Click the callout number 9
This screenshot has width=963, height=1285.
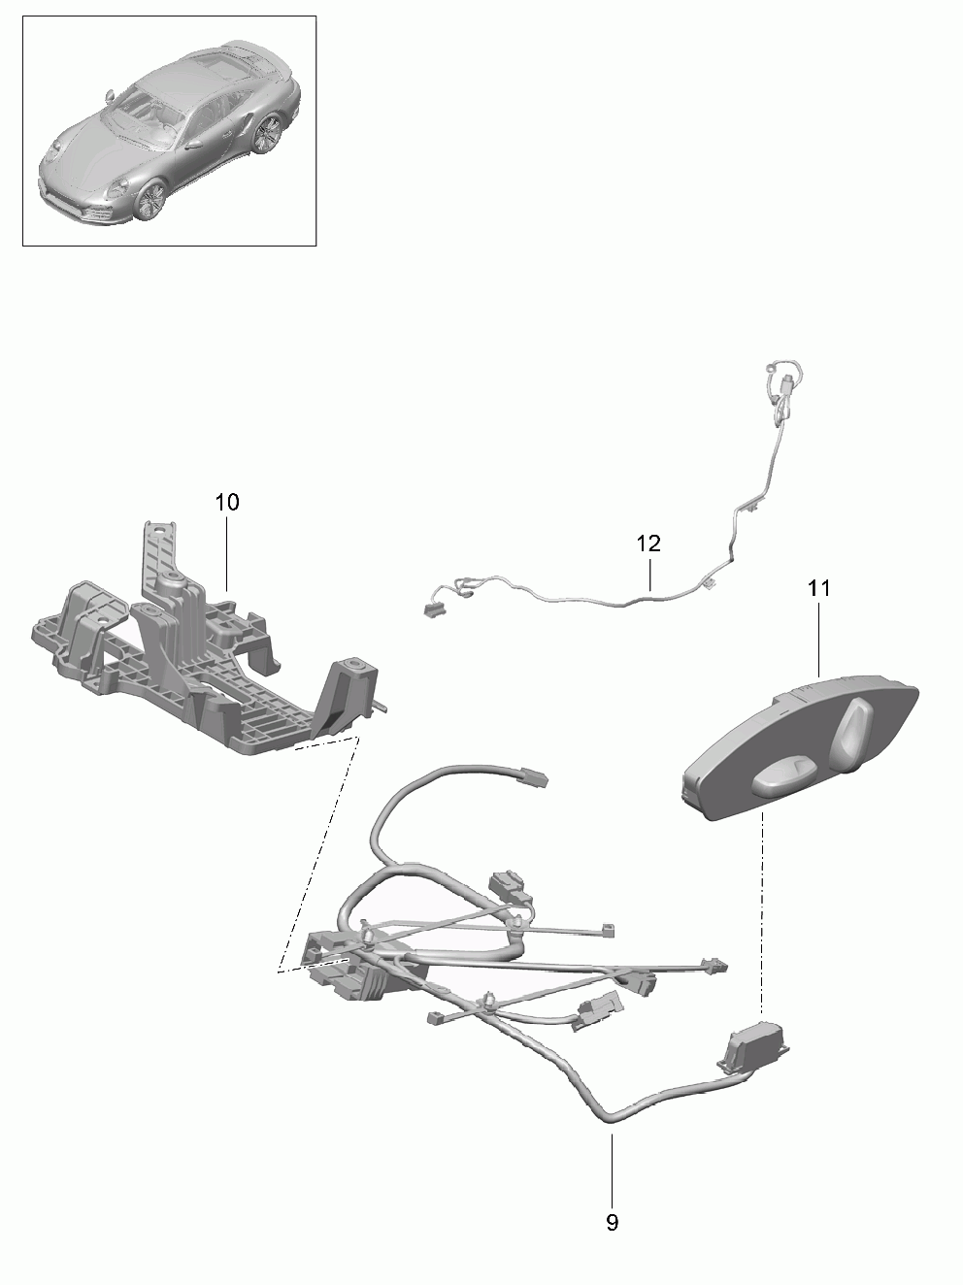(x=612, y=1222)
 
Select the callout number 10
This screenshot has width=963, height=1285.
(x=226, y=502)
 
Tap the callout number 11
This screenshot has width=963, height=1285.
(x=818, y=587)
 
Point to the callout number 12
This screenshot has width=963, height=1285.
(x=648, y=544)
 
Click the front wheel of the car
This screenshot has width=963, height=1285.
(x=150, y=200)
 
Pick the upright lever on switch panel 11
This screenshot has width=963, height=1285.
(x=856, y=728)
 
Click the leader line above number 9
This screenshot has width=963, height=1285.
(x=612, y=1165)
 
